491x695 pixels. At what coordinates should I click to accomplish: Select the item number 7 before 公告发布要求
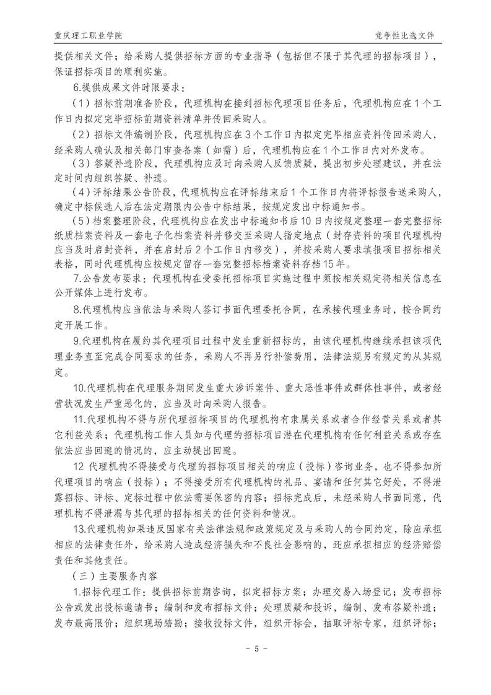(x=76, y=279)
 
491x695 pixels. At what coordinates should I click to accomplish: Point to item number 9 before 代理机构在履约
(x=76, y=341)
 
